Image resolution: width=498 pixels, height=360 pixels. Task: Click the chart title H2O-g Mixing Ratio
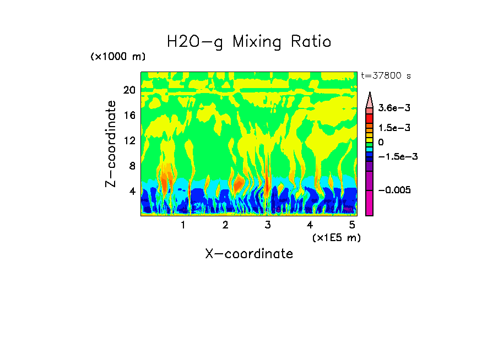pos(249,42)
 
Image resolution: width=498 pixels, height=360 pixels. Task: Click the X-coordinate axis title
pos(249,254)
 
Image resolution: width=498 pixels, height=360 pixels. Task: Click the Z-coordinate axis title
pos(112,144)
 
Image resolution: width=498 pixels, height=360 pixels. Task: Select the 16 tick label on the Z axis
pos(129,115)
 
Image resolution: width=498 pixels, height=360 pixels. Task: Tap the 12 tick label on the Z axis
pos(129,140)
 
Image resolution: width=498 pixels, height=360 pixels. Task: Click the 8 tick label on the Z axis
pos(132,166)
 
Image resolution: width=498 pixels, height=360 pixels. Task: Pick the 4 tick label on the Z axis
pos(132,191)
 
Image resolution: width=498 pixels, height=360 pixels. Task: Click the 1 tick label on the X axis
pos(183,225)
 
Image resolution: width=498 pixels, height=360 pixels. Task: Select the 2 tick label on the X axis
pos(225,225)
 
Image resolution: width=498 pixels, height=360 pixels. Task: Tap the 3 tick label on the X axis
pos(268,225)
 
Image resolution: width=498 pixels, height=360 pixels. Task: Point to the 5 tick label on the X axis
pos(352,225)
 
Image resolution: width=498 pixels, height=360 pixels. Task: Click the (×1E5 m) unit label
pos(337,237)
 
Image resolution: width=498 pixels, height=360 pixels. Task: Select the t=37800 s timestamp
pos(386,75)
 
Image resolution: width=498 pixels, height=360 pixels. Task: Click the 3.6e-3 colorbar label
pos(391,108)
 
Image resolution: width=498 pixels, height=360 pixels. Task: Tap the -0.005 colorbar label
pos(394,190)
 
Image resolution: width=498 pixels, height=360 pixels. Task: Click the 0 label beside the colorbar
pos(381,142)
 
